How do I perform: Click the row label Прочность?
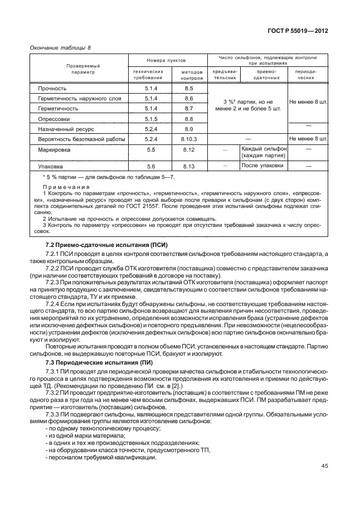(52, 89)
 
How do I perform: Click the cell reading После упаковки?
(262, 166)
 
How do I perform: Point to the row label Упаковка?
(51, 166)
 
